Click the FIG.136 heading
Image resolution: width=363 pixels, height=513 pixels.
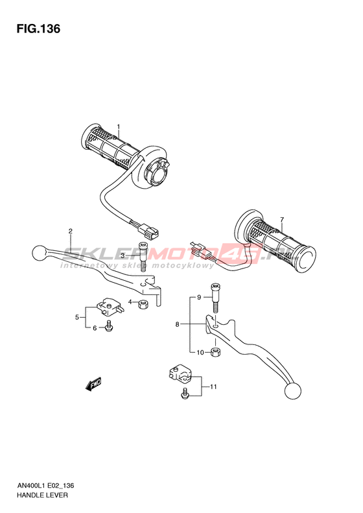coord(39,29)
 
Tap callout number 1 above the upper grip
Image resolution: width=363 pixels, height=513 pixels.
coord(119,126)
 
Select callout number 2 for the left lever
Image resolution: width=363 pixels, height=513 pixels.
coord(70,232)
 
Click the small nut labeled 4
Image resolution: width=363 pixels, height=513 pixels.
coord(143,305)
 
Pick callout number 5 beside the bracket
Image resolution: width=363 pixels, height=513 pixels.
coord(77,317)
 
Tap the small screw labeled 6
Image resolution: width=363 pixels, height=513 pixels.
coord(109,326)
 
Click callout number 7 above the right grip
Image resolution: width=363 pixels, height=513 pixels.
coord(282,219)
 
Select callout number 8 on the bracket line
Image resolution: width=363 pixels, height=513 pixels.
coord(177,324)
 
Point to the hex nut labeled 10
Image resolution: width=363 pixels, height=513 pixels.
coord(215,352)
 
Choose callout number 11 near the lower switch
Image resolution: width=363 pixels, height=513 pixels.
coord(213,387)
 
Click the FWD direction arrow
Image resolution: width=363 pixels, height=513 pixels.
coord(93,384)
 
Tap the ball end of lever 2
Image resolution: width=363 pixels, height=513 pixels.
coord(40,253)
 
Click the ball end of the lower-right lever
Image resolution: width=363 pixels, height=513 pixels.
coord(293,390)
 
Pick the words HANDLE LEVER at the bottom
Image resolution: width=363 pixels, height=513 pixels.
coord(42,495)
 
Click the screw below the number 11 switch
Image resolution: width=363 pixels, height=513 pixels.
coord(185,393)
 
